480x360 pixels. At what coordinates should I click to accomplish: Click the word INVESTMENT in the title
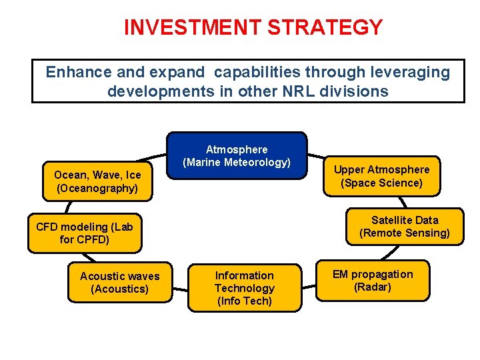pos(193,27)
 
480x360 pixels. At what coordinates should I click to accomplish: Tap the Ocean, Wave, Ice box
pos(97,181)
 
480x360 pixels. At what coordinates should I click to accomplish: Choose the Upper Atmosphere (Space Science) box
pos(381,176)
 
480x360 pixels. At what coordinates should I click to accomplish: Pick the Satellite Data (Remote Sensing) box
pos(404,227)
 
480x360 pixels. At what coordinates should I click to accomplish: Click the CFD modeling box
pos(85,233)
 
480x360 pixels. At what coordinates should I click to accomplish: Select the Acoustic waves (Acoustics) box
pos(120,282)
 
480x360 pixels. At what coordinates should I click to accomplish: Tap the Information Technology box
pos(244,288)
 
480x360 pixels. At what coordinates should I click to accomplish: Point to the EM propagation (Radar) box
pos(373,281)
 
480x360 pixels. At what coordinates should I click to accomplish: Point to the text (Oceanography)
pos(97,188)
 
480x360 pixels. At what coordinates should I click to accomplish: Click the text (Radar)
pos(373,287)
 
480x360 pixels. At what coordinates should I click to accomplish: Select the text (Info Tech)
pos(244,301)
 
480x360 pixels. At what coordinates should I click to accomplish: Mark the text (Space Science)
pos(381,183)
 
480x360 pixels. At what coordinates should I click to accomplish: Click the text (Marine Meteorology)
pos(237,163)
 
